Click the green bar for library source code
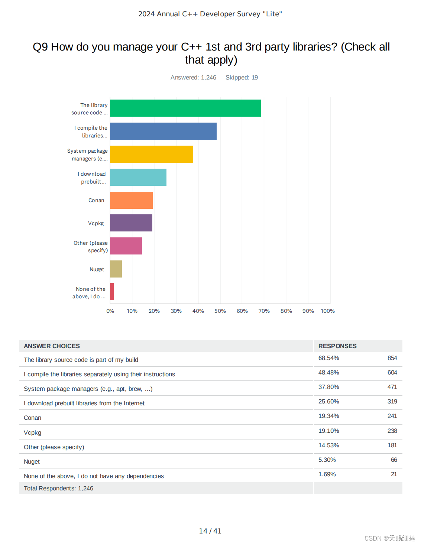pos(185,108)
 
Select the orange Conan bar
pos(131,200)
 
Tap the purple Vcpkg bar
pos(131,223)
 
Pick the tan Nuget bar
pos(116,269)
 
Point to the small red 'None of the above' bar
pos(112,292)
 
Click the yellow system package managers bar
pos(151,154)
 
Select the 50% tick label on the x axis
pos(220,311)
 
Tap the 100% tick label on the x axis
pos(328,311)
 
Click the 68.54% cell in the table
pos(328,358)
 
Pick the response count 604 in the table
pos(392,373)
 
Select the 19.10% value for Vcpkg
pos(328,431)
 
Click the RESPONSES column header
pos(337,346)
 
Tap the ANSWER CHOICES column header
pos(52,346)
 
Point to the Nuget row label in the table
pos(32,462)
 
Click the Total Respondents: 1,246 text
pos(58,489)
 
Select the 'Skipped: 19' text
pos(242,78)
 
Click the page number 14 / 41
pos(210,531)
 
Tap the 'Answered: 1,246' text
pos(193,78)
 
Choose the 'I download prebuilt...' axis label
pos(92,178)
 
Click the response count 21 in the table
pos(394,474)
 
